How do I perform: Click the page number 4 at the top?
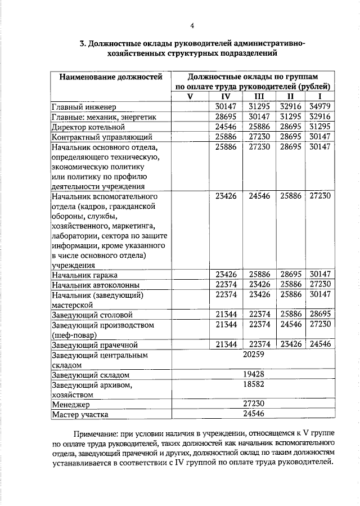(192, 25)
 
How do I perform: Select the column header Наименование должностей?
(106, 76)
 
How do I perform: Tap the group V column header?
(190, 96)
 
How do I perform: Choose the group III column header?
(259, 96)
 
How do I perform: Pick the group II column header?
(291, 96)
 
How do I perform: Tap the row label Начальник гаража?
(84, 275)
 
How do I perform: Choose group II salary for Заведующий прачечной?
(291, 344)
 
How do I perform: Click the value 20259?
(253, 355)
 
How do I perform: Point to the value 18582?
(253, 385)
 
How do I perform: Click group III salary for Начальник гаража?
(259, 275)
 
